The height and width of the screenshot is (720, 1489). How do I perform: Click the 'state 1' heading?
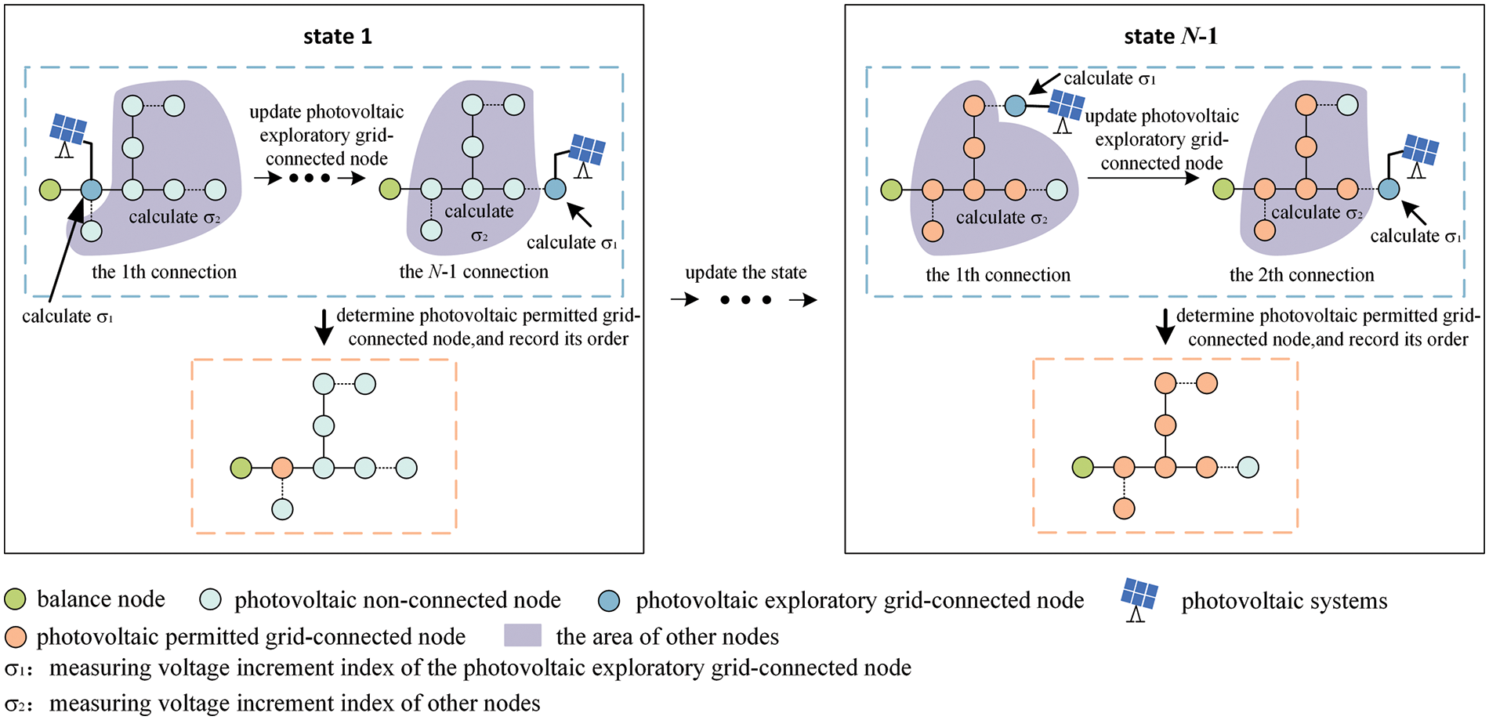click(x=338, y=37)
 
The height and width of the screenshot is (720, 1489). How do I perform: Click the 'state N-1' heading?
click(x=1171, y=37)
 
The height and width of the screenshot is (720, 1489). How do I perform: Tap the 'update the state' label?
click(x=746, y=273)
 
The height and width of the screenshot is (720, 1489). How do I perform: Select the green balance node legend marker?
click(x=15, y=599)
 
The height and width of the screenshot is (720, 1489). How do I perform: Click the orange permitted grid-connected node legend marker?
click(x=15, y=637)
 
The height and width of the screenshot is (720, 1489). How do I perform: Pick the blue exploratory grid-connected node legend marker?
click(x=609, y=601)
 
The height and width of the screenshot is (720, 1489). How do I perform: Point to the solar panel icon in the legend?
click(x=1139, y=599)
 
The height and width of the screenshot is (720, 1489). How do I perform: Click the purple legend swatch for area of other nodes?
click(x=523, y=635)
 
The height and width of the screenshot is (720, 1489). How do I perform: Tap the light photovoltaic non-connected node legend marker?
click(x=211, y=600)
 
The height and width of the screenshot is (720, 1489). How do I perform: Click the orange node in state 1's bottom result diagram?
click(x=282, y=469)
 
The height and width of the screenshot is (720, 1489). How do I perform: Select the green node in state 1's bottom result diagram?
click(x=241, y=469)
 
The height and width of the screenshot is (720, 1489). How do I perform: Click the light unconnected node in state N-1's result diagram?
click(x=1248, y=468)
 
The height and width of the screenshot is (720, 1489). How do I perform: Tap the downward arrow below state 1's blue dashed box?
click(x=323, y=327)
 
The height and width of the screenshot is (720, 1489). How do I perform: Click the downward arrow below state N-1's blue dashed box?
click(x=1165, y=327)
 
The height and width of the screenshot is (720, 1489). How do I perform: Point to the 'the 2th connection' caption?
click(x=1302, y=275)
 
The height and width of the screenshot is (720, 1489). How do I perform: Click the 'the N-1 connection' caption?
click(x=474, y=272)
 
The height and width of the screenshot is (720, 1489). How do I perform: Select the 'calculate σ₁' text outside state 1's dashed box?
click(x=68, y=317)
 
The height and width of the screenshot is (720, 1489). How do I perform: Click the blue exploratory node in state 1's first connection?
click(x=92, y=190)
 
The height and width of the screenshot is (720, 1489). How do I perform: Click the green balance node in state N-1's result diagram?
click(x=1083, y=468)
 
